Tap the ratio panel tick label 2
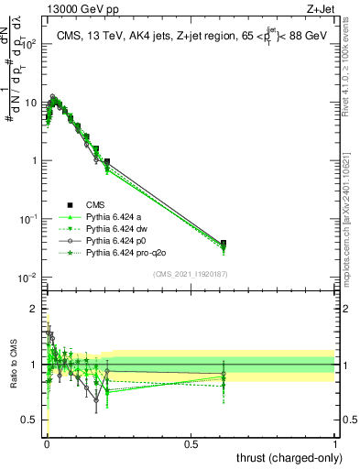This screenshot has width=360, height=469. coord(34,308)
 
